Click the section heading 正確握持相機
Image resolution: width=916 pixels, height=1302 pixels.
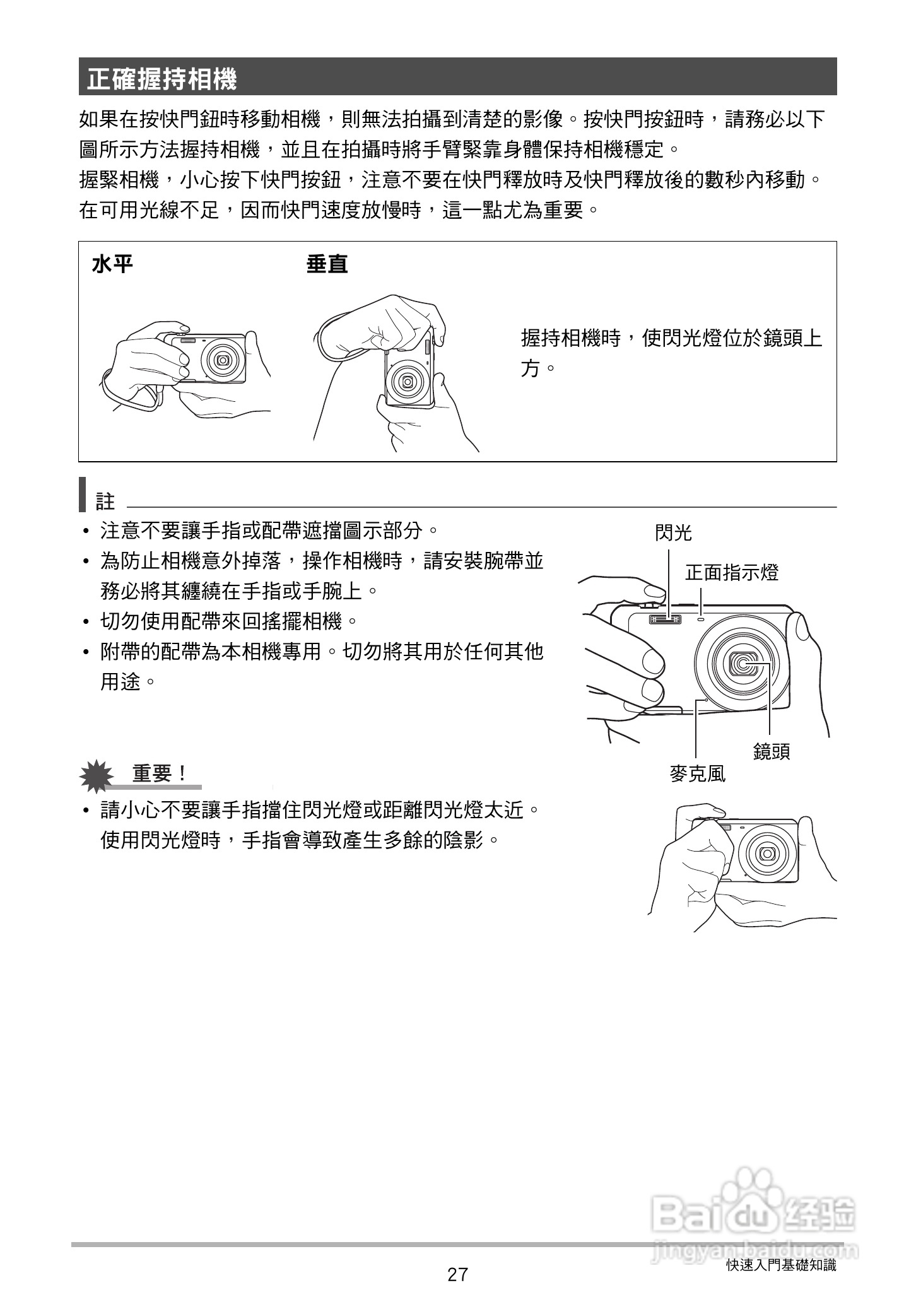tap(161, 79)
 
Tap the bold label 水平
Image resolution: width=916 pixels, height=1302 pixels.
tap(113, 264)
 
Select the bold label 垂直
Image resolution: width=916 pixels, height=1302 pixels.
tap(327, 264)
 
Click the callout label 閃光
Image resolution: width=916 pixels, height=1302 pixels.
tap(673, 534)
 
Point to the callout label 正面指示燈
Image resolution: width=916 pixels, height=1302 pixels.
tap(732, 573)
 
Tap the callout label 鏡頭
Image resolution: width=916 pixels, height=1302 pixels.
tap(771, 751)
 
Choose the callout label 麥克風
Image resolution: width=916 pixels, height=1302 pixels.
tap(697, 774)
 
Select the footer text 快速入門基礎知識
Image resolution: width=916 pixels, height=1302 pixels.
tap(781, 1265)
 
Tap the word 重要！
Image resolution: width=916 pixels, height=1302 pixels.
tap(159, 774)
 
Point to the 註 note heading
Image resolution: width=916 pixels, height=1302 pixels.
tap(105, 502)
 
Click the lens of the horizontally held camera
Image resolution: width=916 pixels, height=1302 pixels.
tap(222, 360)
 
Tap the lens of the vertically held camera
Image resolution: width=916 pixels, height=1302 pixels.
tap(407, 382)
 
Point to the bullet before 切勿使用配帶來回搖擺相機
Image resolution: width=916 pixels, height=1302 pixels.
tap(86, 623)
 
